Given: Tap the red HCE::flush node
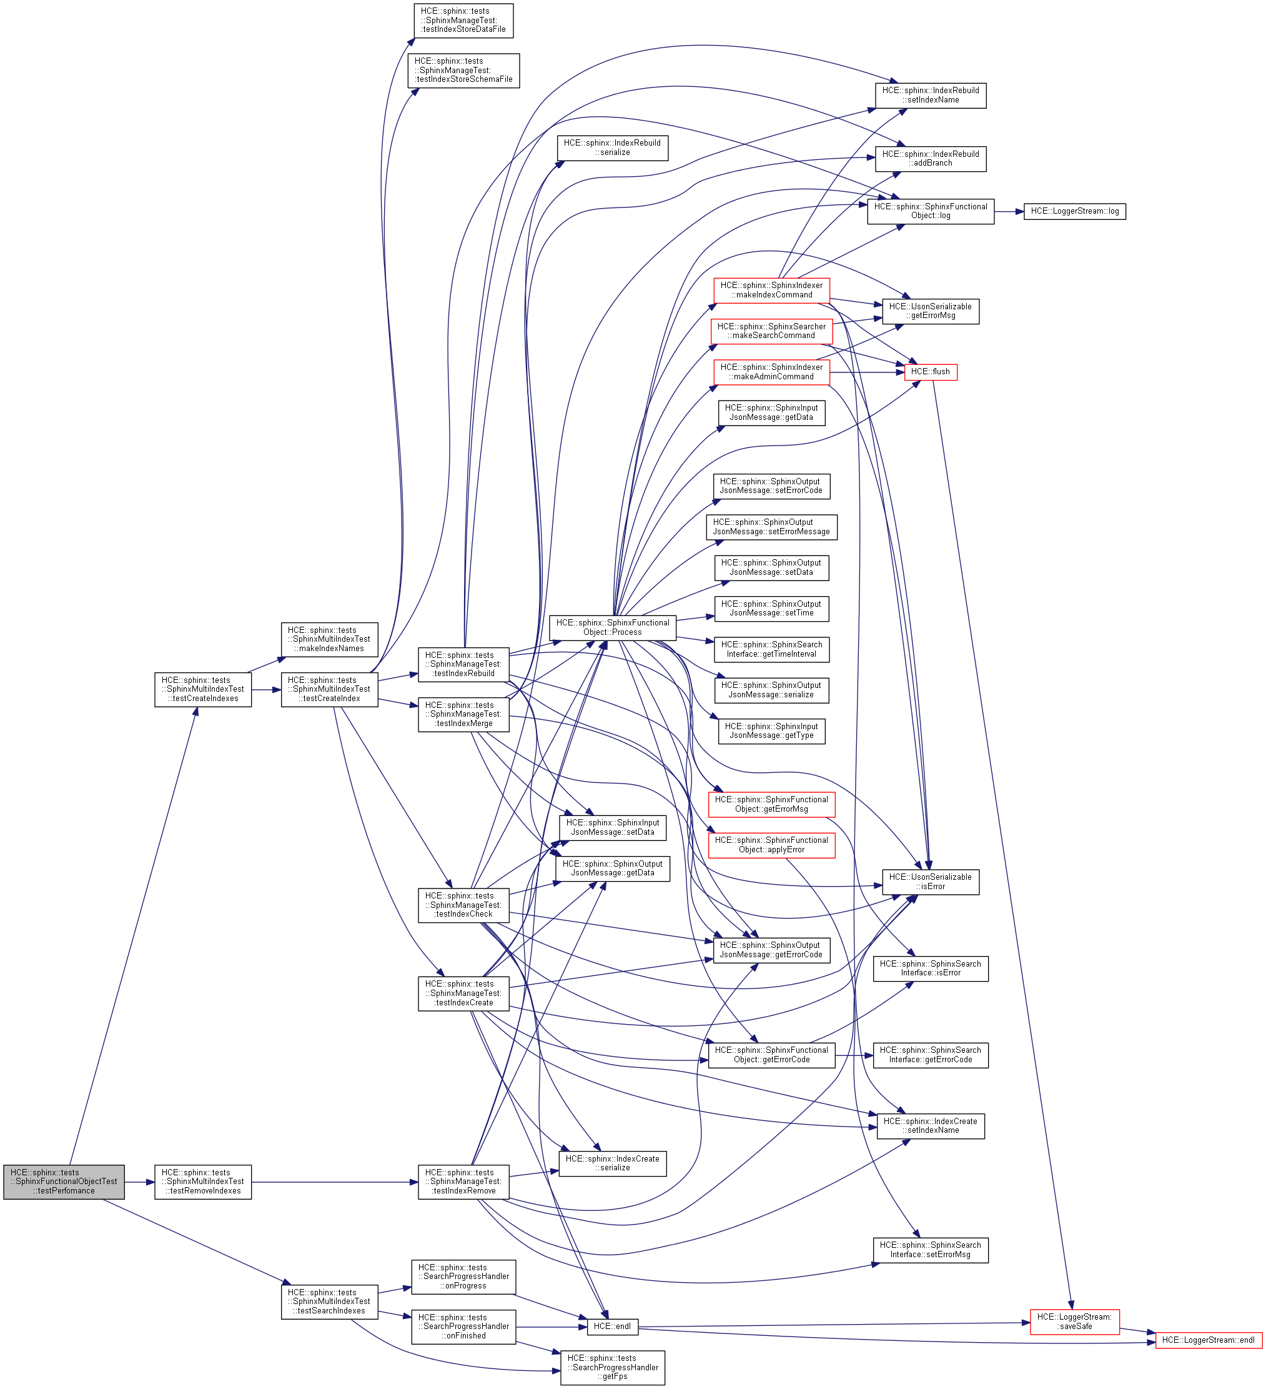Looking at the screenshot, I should (x=930, y=372).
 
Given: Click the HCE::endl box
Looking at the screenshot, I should (x=611, y=1327).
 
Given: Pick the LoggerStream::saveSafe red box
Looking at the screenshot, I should (x=1074, y=1322).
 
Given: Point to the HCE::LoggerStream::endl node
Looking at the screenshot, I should (x=1208, y=1340).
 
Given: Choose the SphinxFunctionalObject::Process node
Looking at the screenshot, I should (x=612, y=627).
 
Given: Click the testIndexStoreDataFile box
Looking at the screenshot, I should (x=463, y=20).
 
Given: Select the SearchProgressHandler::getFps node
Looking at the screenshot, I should (x=612, y=1368).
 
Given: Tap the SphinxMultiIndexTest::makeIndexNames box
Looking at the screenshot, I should (x=329, y=639).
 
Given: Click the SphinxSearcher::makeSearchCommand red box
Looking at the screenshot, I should (x=771, y=331).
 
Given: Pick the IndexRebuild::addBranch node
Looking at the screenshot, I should (x=930, y=159).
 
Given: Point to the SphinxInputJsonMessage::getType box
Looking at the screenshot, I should (x=771, y=731).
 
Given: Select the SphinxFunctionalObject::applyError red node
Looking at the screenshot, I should (x=771, y=845).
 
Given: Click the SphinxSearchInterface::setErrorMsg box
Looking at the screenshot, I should (x=930, y=1250).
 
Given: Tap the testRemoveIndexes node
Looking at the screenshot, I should (x=202, y=1182).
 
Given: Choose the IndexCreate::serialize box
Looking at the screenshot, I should (x=612, y=1163).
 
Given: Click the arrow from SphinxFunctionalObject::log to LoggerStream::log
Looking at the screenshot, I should (x=1009, y=212).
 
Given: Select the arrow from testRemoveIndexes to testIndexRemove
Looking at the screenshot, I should (x=334, y=1182).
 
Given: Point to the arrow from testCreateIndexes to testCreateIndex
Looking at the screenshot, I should (x=266, y=690).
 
